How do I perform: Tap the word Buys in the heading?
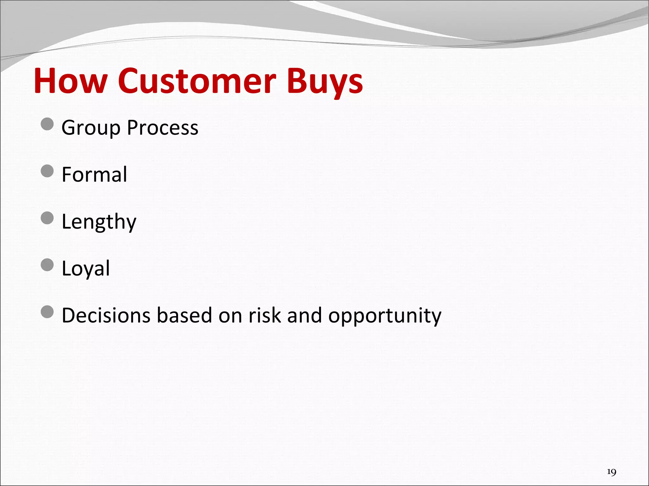click(x=324, y=82)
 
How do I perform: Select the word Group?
click(x=91, y=128)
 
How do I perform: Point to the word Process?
click(x=163, y=128)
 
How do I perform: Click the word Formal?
click(x=94, y=174)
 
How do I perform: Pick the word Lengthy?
click(x=99, y=222)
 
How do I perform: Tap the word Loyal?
click(x=86, y=269)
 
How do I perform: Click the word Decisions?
click(x=106, y=315)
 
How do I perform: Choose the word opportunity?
click(x=384, y=316)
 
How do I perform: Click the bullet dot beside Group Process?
click(x=48, y=124)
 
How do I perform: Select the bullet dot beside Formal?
click(x=48, y=171)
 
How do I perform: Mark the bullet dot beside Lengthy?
click(x=48, y=218)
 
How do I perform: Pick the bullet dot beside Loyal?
click(x=48, y=265)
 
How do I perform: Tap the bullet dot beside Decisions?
click(x=48, y=312)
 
